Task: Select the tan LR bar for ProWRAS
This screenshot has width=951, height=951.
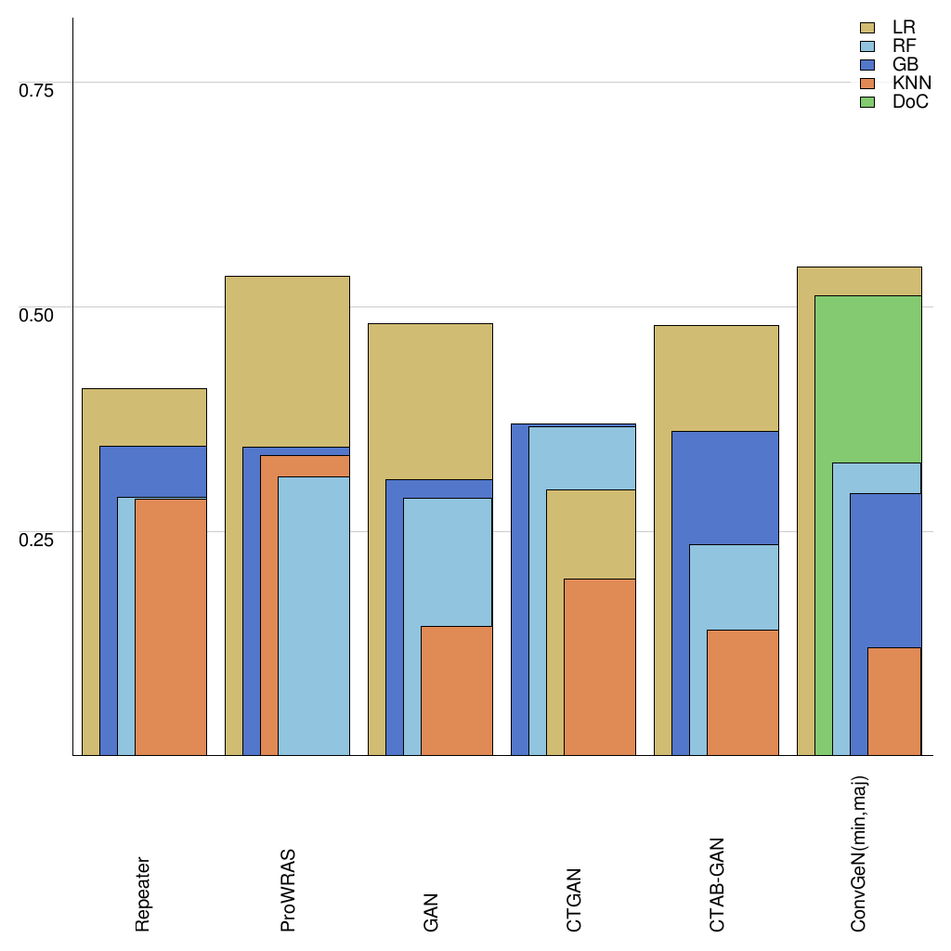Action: [x=287, y=362]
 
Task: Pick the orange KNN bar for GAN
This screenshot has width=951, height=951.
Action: [x=456, y=691]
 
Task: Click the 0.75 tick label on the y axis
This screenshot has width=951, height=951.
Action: [x=37, y=90]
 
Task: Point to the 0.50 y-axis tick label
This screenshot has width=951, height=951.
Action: [x=37, y=315]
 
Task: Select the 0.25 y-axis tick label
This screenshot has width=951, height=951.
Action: [x=37, y=540]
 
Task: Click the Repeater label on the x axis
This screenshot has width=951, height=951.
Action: [x=143, y=894]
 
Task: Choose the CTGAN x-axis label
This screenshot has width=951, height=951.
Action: [x=574, y=899]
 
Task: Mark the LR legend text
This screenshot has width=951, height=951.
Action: [x=904, y=28]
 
